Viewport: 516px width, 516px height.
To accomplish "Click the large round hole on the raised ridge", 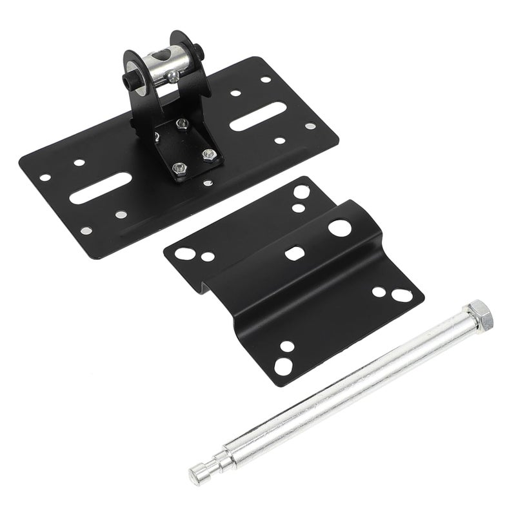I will [339, 226].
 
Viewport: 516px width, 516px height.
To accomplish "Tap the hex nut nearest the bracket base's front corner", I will [178, 167].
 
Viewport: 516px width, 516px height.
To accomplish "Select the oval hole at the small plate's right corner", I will [401, 295].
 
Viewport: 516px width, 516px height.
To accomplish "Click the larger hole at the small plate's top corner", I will [301, 192].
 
